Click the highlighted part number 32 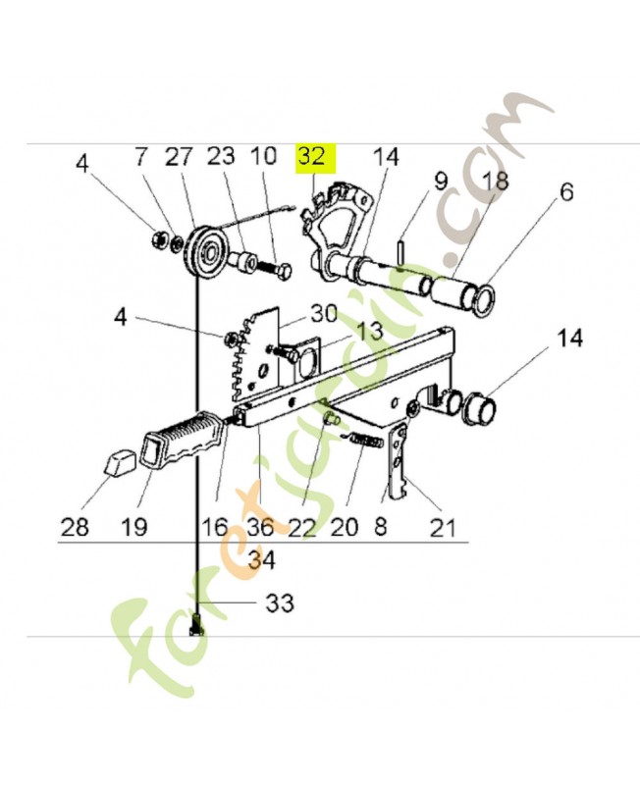click(x=311, y=157)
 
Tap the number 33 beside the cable click(x=280, y=603)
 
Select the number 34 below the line click(x=261, y=559)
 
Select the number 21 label click(x=442, y=528)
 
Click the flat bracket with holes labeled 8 click(x=397, y=462)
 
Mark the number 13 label click(x=369, y=331)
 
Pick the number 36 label click(x=260, y=527)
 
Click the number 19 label click(x=133, y=527)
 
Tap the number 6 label click(x=566, y=191)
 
